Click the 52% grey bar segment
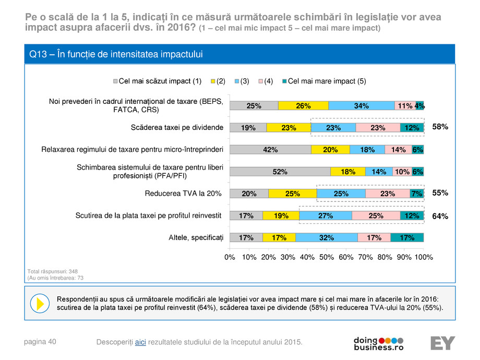point(280,172)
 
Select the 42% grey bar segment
point(270,150)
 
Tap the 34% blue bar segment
point(361,106)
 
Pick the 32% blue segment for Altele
point(327,238)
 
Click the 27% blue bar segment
point(326,215)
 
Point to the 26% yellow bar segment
point(303,106)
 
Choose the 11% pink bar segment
point(405,106)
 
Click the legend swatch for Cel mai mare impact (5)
point(284,81)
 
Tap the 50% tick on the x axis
point(327,257)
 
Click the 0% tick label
point(230,257)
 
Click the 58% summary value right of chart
point(440,127)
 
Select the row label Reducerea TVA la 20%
point(183,194)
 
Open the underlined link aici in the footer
point(140,342)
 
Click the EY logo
point(442,343)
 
